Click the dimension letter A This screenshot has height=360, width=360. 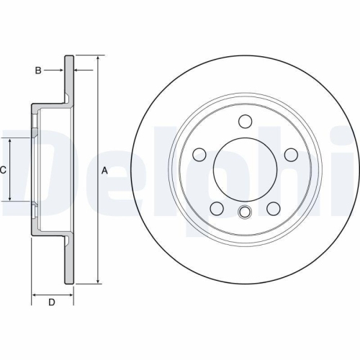coord(104,171)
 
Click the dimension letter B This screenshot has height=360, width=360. coord(40,70)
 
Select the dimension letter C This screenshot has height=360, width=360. coord(4,170)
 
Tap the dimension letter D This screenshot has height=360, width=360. coord(52,302)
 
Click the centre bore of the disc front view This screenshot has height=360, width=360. coord(245,170)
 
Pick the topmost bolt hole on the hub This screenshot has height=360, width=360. coord(245,120)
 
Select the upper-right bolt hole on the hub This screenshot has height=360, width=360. coord(291,154)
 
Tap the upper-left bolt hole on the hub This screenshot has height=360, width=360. coord(199,154)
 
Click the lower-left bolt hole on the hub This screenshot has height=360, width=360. coord(216,209)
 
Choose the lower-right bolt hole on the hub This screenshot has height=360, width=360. coord(274,209)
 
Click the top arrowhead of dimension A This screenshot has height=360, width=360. coord(96,57)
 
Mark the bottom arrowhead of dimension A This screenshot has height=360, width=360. coord(96,284)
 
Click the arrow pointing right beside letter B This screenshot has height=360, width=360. coord(60,70)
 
